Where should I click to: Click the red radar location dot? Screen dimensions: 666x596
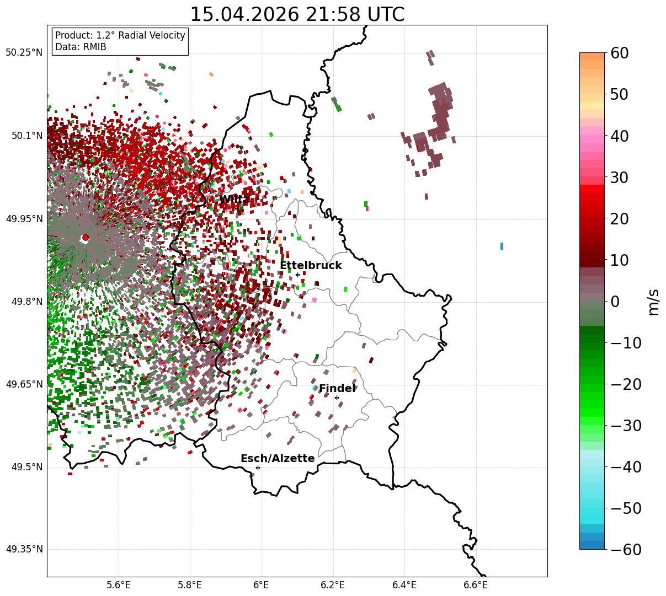86,237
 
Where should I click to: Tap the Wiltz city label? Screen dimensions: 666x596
234,199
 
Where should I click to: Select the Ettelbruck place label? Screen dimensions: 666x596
311,265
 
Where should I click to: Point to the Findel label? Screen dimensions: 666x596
337,388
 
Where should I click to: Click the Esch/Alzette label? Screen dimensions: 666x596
278,458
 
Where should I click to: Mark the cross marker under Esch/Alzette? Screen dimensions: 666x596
258,468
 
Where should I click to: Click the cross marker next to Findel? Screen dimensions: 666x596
337,398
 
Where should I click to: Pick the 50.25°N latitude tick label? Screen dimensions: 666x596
24,52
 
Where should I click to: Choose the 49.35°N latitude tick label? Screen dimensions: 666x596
24,549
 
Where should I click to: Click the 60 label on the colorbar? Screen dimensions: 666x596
619,53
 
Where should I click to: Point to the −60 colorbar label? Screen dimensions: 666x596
626,549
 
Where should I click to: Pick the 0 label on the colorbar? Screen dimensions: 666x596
615,301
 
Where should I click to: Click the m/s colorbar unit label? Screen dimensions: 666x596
653,302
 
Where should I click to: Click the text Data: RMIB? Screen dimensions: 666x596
81,47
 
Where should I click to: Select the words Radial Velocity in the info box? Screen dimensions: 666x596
152,35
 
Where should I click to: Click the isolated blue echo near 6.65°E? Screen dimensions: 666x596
502,246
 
